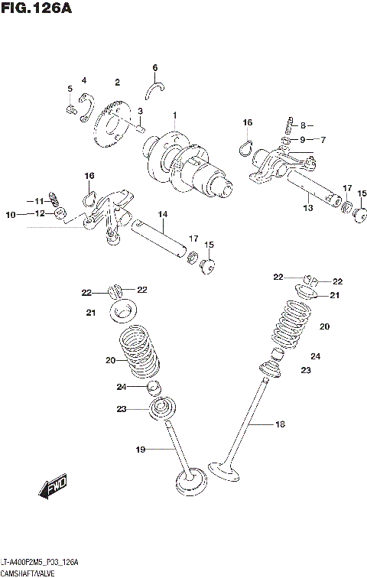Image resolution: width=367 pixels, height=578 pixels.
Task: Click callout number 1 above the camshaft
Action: pyautogui.click(x=174, y=115)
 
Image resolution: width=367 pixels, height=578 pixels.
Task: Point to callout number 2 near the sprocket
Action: pyautogui.click(x=118, y=83)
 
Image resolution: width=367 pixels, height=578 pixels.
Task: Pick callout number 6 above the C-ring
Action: pyautogui.click(x=154, y=67)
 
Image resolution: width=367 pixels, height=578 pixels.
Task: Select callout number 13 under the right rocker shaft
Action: pyautogui.click(x=308, y=207)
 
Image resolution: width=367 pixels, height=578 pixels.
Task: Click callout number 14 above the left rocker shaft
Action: pyautogui.click(x=162, y=213)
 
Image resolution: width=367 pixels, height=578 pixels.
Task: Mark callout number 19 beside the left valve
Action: pyautogui.click(x=140, y=450)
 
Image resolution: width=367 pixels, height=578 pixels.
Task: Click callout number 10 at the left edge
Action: pyautogui.click(x=11, y=215)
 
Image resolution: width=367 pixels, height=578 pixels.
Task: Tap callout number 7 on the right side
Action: pyautogui.click(x=323, y=139)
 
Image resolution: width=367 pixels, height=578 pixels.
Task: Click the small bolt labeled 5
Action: pyautogui.click(x=71, y=110)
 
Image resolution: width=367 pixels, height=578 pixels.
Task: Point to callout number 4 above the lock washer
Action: pyautogui.click(x=84, y=80)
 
